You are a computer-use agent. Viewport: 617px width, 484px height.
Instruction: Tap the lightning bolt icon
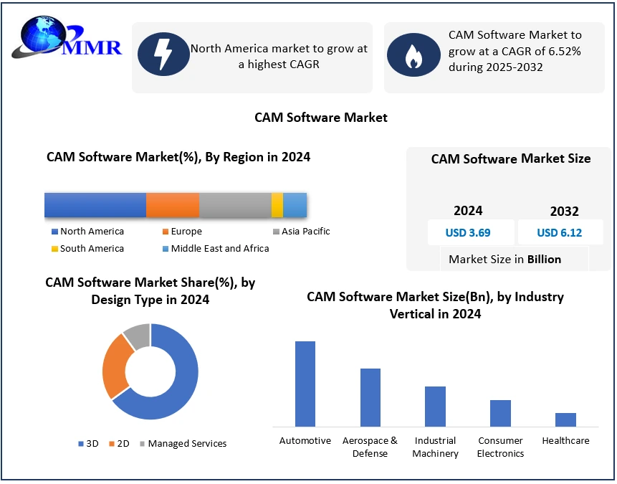pyautogui.click(x=163, y=54)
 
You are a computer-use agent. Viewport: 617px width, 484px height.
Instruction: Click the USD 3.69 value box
pyautogui.click(x=471, y=232)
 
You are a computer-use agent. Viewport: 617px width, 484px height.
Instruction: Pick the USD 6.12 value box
pyautogui.click(x=560, y=232)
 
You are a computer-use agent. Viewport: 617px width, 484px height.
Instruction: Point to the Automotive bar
pyautogui.click(x=305, y=384)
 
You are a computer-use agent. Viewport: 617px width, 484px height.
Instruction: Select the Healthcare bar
pyautogui.click(x=565, y=419)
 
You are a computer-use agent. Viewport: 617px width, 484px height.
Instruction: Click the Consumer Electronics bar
pyautogui.click(x=500, y=413)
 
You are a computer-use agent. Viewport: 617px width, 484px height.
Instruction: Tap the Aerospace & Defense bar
pyautogui.click(x=370, y=397)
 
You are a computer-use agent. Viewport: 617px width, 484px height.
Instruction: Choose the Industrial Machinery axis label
pyautogui.click(x=436, y=447)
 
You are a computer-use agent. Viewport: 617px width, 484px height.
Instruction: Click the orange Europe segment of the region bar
pyautogui.click(x=173, y=205)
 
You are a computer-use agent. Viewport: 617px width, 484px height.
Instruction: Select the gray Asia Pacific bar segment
pyautogui.click(x=235, y=205)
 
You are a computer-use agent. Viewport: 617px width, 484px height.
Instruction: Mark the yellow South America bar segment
pyautogui.click(x=277, y=205)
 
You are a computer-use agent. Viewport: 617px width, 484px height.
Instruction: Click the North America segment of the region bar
pyautogui.click(x=95, y=205)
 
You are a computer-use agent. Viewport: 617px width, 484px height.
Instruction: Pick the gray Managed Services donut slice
pyautogui.click(x=137, y=336)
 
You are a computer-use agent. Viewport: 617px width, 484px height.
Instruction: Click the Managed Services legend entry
pyautogui.click(x=183, y=444)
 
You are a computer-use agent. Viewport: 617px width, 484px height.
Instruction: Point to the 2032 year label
pyautogui.click(x=564, y=212)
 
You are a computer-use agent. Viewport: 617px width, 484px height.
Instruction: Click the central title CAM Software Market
pyautogui.click(x=321, y=117)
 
